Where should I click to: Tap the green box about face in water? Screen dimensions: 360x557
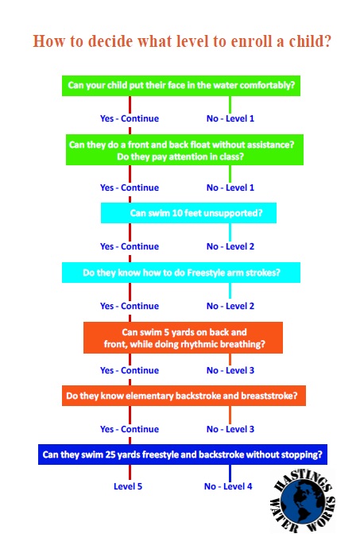point(181,86)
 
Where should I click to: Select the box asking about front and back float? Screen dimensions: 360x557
point(184,149)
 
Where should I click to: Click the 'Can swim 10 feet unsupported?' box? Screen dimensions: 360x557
point(188,213)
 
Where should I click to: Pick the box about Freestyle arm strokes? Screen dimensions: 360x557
point(181,273)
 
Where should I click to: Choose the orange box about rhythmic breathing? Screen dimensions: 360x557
point(183,338)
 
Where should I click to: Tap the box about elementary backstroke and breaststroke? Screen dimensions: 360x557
point(184,396)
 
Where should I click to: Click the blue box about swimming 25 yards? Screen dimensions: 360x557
point(183,454)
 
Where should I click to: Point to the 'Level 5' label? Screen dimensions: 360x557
point(128,486)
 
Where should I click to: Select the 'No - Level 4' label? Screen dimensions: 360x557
point(228,486)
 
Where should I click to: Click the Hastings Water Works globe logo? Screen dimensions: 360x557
point(303,501)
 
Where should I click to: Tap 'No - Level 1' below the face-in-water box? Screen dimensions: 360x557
point(230,118)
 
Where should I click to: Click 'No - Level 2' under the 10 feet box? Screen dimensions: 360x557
point(230,246)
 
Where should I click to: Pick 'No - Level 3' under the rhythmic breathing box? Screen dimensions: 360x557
point(230,370)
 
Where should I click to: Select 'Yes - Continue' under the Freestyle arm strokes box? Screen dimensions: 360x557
point(130,306)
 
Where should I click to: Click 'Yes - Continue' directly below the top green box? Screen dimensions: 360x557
point(130,118)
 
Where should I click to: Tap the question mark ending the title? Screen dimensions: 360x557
point(327,41)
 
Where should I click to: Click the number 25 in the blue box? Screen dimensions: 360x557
point(110,454)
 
